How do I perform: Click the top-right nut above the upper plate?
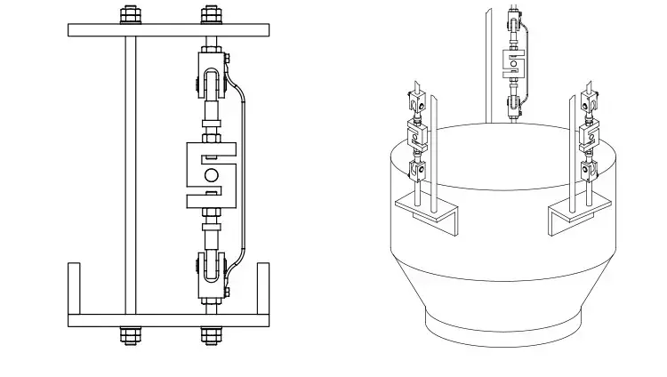(x=210, y=15)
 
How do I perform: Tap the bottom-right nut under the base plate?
(x=210, y=335)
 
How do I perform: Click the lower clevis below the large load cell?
(x=210, y=271)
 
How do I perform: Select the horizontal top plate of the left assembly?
(x=168, y=29)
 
